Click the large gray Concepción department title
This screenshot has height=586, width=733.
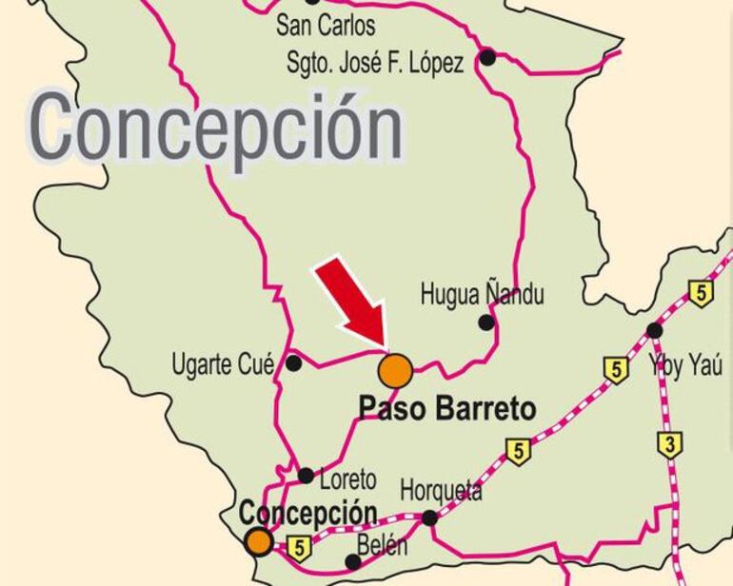pos(217,127)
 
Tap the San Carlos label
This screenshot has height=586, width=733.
pos(326,25)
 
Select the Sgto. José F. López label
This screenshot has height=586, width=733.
pos(375,63)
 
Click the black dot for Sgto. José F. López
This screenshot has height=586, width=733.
pos(487,57)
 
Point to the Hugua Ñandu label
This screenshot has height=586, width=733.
pos(483,295)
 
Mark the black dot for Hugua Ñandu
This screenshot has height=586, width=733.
pos(486,322)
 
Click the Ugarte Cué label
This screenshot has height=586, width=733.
pos(223,363)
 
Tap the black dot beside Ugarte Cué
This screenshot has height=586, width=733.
pos(294,362)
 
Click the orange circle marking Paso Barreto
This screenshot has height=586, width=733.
pos(396,370)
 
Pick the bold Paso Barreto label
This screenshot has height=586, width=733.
pos(446,409)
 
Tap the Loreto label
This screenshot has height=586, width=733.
pos(348,479)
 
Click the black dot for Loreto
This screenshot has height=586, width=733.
pos(306,476)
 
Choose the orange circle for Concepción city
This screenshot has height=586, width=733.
pos(258,542)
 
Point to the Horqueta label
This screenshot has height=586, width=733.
pos(441,492)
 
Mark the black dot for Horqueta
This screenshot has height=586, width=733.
pos(430,518)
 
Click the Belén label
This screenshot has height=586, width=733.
pos(383,547)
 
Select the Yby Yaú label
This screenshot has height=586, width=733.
pos(684,365)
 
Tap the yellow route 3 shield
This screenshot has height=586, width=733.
pos(670,443)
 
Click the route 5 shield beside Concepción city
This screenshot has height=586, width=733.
pos(299,548)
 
